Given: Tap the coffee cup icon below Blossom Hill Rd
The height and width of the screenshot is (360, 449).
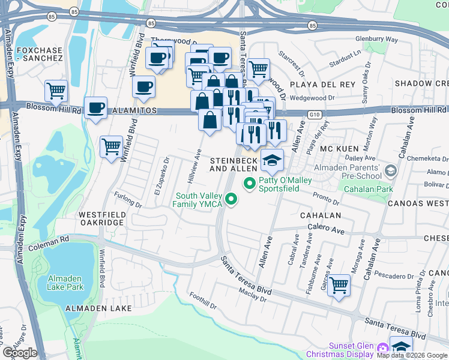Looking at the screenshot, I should click(95, 109).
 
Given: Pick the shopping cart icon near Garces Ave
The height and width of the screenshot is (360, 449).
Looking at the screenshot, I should click(339, 284).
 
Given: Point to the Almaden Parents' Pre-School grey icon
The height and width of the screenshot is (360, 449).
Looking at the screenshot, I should click(391, 172).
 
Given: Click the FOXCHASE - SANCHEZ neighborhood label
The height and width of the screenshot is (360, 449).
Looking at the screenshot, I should click(40, 54).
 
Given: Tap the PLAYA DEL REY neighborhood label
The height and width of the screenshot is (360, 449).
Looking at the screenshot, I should click(322, 84).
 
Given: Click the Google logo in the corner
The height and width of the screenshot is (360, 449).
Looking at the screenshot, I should click(20, 353).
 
